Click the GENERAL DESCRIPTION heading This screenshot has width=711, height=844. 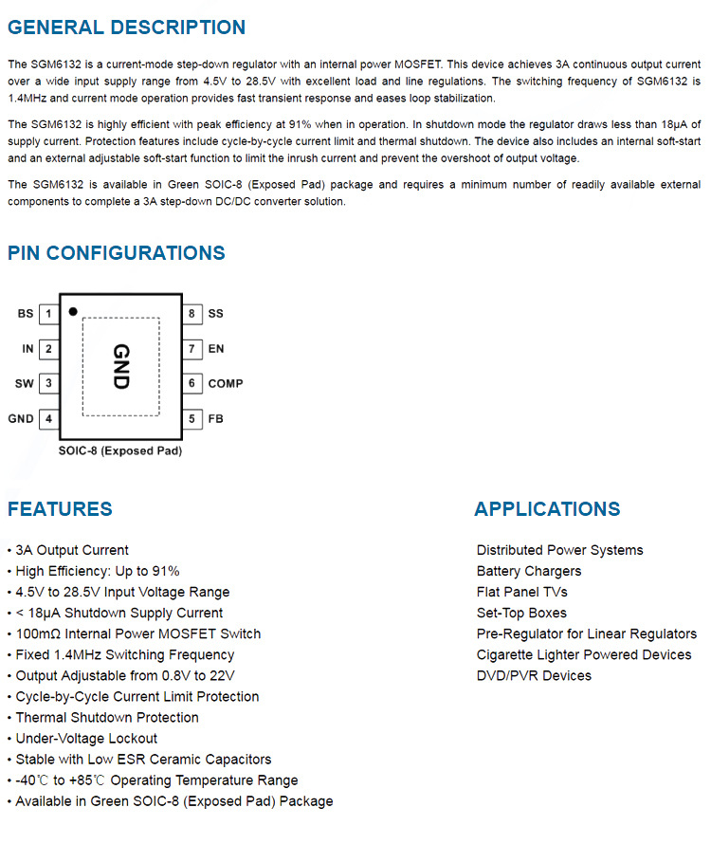pos(126,28)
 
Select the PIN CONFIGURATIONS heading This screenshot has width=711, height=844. pos(117,253)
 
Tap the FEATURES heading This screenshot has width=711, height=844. pos(60,509)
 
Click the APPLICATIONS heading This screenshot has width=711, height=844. pos(547,509)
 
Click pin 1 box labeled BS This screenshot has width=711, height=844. pos(48,314)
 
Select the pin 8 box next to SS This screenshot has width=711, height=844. pos(191,314)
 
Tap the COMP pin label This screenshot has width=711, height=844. pos(226,384)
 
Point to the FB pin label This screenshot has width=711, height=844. pos(215,419)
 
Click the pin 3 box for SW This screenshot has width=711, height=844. pos(48,384)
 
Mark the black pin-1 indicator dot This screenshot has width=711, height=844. pos(73,310)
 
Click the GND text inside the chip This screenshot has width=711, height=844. pos(120,367)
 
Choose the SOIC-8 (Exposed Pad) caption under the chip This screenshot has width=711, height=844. pos(120,451)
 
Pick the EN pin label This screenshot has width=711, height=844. pos(216,349)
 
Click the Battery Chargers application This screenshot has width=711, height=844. pos(529,571)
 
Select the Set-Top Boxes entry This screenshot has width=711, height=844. pos(521,613)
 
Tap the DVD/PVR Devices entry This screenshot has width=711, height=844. pos(534,675)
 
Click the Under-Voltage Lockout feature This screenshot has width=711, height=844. pos(86,738)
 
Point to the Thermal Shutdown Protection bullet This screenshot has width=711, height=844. pos(107,717)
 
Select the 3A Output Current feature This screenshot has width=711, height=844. pos(72,550)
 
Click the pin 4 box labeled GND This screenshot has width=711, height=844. pos(48,419)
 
